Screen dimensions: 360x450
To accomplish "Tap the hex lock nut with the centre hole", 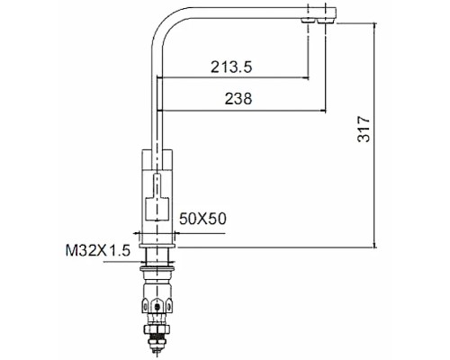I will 158,305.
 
